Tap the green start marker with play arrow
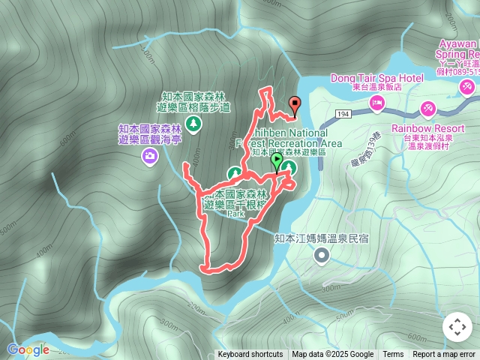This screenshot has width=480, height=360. [x=277, y=160]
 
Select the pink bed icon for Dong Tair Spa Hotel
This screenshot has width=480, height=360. [x=376, y=102]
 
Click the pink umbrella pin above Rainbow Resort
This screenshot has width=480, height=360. [x=429, y=109]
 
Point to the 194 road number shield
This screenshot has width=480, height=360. [x=343, y=113]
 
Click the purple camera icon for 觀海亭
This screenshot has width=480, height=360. [x=150, y=155]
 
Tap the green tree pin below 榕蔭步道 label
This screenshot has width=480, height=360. [x=193, y=121]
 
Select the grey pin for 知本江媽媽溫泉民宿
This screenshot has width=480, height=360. [x=322, y=256]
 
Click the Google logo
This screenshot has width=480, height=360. [x=28, y=349]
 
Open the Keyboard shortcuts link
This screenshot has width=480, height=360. [x=250, y=355]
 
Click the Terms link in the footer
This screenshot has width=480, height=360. [x=393, y=355]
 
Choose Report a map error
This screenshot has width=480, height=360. [x=445, y=355]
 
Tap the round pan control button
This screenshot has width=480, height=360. [x=457, y=327]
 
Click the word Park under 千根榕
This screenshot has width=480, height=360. [x=236, y=214]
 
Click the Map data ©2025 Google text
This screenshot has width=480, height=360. [x=333, y=355]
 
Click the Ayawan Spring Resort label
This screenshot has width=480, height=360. [x=457, y=49]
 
